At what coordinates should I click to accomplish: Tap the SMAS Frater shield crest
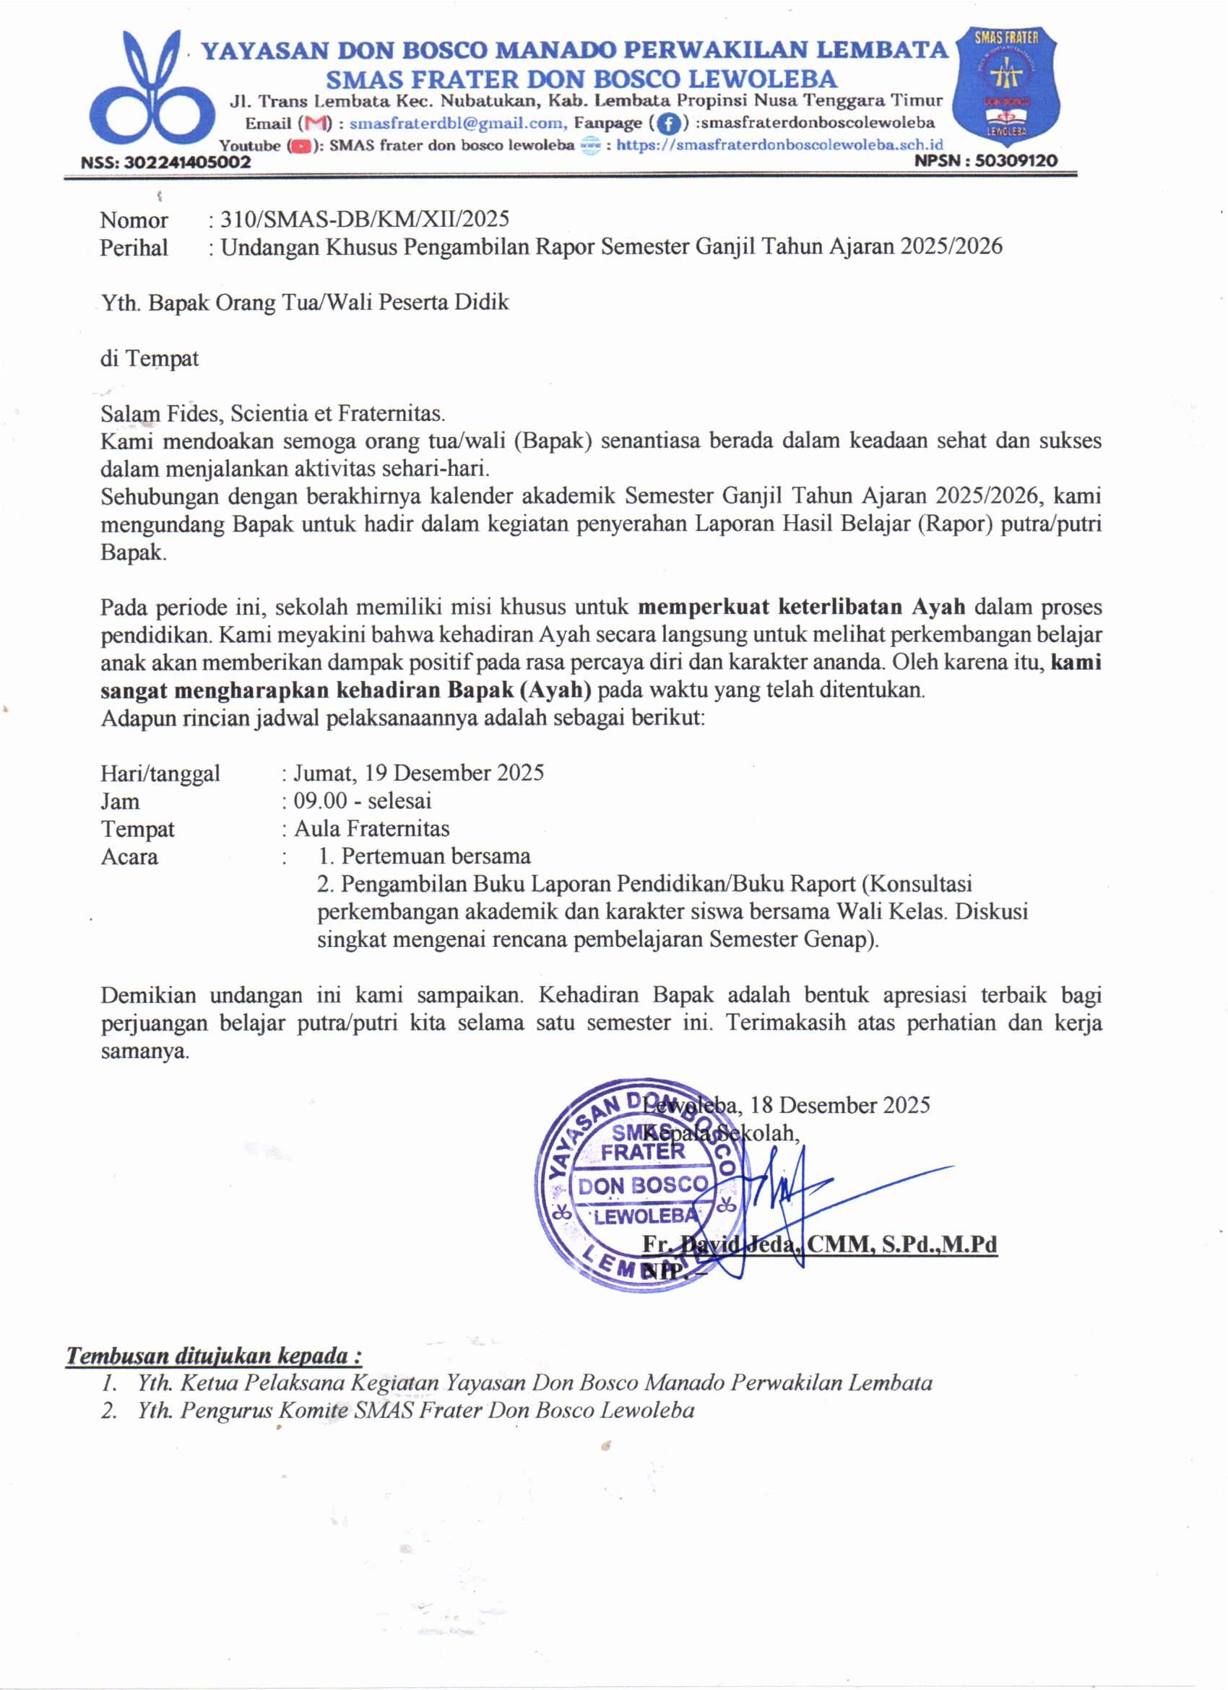tap(1006, 86)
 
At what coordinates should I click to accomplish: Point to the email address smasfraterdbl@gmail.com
tap(457, 122)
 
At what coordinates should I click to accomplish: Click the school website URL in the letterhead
tap(779, 144)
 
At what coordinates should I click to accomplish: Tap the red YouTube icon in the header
tap(300, 146)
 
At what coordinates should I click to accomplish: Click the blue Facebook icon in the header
tap(669, 123)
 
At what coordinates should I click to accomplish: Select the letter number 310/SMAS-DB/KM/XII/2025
tap(364, 218)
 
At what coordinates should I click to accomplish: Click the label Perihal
tap(134, 247)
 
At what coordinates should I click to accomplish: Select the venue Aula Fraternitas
tap(372, 828)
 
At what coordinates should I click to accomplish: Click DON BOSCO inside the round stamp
tap(642, 1184)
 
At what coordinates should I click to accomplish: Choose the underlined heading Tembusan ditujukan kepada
tap(214, 1355)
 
